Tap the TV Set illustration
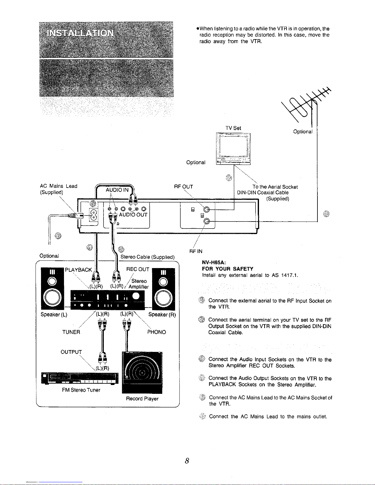click(x=233, y=149)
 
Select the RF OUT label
click(x=183, y=187)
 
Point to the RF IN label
click(x=196, y=251)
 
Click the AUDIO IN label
click(x=117, y=190)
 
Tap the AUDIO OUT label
click(x=133, y=215)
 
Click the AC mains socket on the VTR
click(x=94, y=215)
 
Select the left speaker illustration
click(x=52, y=289)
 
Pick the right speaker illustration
click(x=163, y=289)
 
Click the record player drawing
click(x=142, y=372)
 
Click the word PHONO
click(x=156, y=332)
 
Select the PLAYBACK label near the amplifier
click(x=78, y=270)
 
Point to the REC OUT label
click(x=138, y=269)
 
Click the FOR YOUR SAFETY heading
click(x=228, y=269)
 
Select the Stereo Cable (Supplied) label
click(x=148, y=257)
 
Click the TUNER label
click(x=71, y=332)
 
